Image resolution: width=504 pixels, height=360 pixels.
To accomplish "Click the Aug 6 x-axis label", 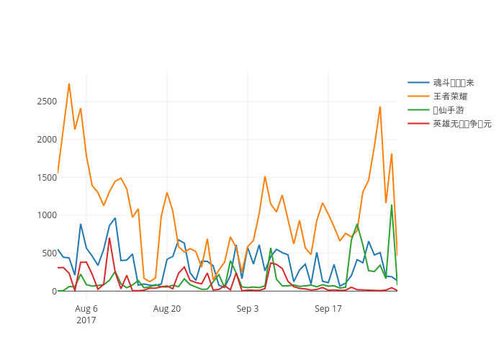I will [86, 309].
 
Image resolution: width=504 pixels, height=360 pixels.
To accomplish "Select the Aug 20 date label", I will [167, 309].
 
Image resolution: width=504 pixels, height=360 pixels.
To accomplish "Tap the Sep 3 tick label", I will [248, 309].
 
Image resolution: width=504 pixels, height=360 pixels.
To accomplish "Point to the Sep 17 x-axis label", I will [328, 309].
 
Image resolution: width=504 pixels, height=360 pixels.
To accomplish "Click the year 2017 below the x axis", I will [86, 320].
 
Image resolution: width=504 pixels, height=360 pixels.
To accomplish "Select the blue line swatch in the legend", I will [418, 83].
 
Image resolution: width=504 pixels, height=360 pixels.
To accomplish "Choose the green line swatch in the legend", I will [418, 109].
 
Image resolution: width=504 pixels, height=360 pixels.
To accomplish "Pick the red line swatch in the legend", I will [418, 123].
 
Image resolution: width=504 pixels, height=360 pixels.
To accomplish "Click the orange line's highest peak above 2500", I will [69, 84].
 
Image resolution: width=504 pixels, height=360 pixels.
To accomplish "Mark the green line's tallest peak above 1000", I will [392, 205].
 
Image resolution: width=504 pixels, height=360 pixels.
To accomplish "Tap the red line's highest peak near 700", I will [109, 238].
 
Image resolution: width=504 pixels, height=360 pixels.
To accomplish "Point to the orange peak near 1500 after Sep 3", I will [265, 176].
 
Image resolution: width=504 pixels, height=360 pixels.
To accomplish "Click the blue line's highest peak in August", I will [115, 218].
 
